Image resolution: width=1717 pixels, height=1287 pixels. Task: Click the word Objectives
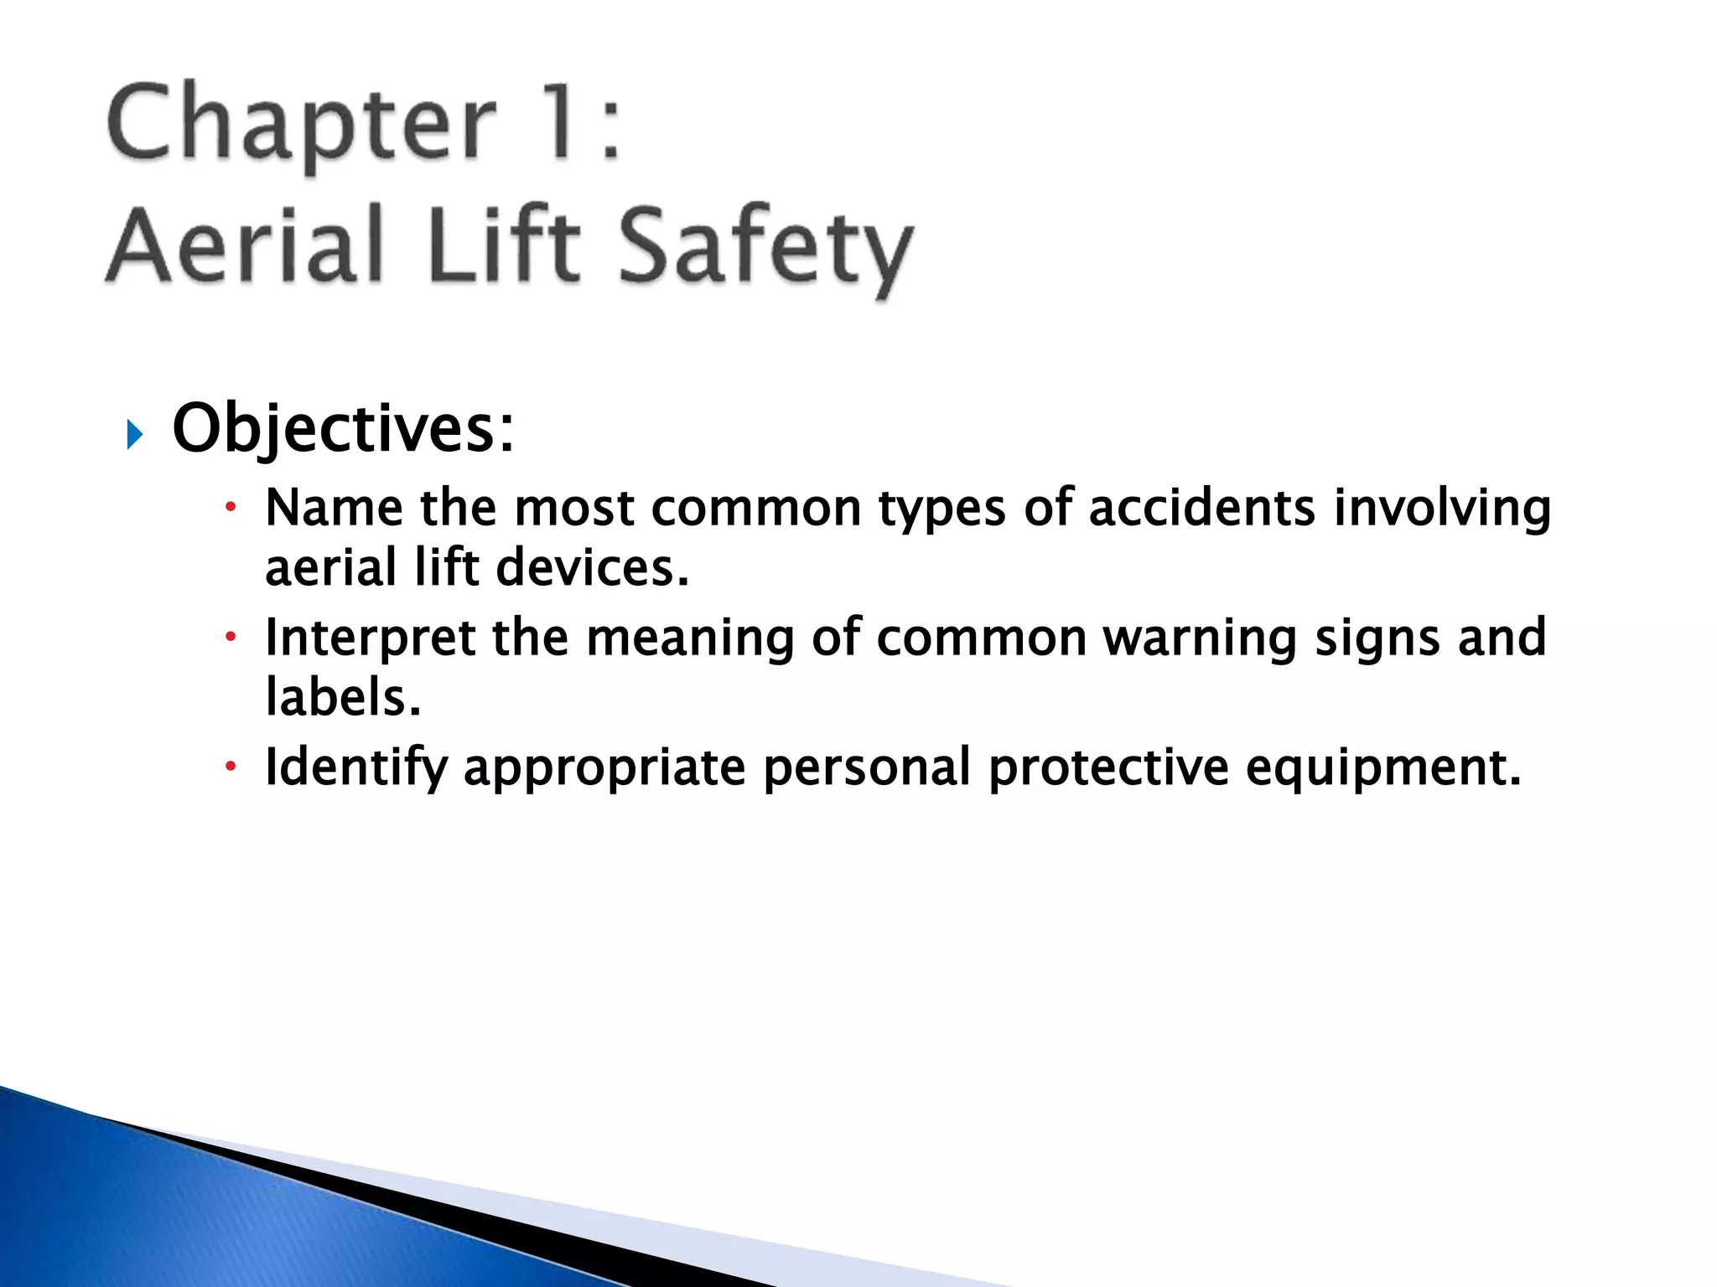tap(342, 429)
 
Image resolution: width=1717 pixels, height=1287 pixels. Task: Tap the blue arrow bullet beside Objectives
tap(135, 434)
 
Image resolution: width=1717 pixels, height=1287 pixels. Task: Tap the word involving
tap(1442, 509)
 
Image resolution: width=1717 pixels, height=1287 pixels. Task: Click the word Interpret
tap(370, 638)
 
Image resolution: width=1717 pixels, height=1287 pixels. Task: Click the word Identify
tap(355, 768)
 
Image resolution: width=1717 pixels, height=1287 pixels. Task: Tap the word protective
tap(1108, 768)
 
